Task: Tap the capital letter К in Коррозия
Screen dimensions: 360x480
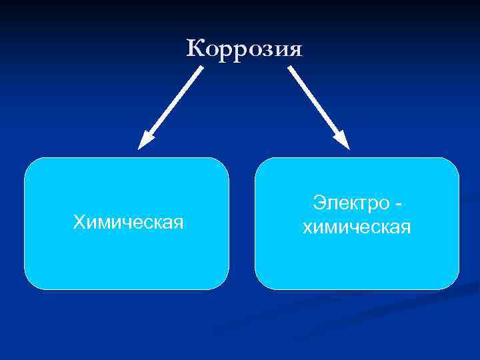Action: coord(194,47)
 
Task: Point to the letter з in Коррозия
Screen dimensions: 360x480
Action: coord(265,50)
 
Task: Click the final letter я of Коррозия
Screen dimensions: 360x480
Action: coord(295,50)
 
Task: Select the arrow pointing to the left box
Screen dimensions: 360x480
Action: coord(171,107)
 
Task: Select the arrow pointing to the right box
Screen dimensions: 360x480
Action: coord(318,107)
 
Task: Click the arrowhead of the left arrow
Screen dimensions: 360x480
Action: coord(145,141)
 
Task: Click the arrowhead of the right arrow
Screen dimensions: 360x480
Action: coord(343,141)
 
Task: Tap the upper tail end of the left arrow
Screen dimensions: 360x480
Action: coord(201,67)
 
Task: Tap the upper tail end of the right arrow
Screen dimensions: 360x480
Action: coord(290,67)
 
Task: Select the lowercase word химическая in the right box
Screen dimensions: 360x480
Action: coord(357,229)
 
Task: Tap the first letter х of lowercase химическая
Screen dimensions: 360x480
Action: coord(307,229)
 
